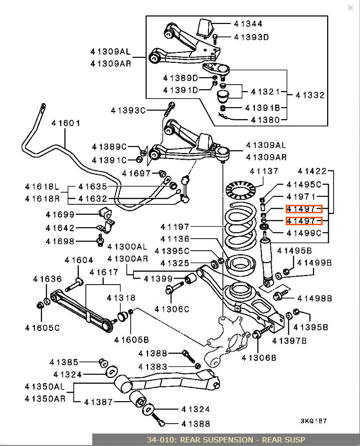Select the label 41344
tap(248, 23)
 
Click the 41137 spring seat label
tap(264, 171)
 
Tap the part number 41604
tap(79, 260)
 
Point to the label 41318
tap(121, 297)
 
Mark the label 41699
tap(59, 214)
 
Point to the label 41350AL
tap(44, 386)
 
